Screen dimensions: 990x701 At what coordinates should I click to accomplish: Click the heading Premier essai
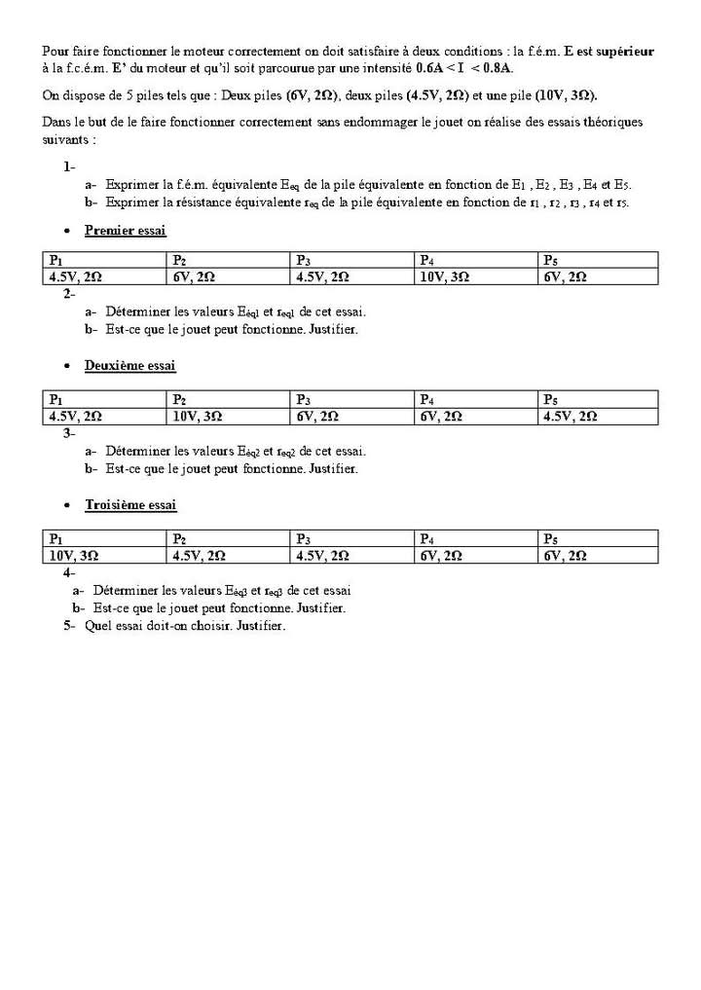(126, 231)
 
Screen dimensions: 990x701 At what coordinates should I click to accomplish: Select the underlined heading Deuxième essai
(129, 366)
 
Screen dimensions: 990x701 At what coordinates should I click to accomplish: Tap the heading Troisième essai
(130, 506)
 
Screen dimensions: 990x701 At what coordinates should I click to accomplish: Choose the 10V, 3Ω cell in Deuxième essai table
(198, 416)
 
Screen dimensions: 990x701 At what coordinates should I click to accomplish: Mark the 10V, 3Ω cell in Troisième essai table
(74, 555)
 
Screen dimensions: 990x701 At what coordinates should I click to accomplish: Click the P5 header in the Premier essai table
(551, 260)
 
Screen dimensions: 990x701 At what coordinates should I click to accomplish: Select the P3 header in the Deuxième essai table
(304, 399)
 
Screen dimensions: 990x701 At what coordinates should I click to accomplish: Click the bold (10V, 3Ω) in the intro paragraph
(566, 95)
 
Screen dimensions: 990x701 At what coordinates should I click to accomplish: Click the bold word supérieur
(624, 51)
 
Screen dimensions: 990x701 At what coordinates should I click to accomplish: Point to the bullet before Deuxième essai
(66, 367)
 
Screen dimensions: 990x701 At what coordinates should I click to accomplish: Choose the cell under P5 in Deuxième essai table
(570, 416)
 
